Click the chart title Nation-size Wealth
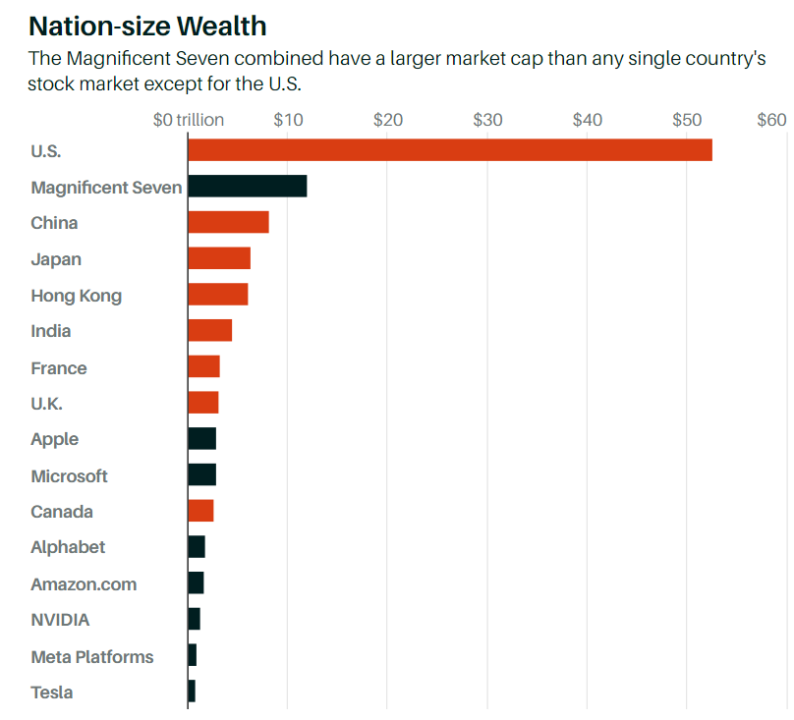147,25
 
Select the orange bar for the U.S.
449,150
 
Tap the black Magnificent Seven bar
247,187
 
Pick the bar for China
228,222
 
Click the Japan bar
219,258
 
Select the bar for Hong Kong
217,295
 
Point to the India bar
209,331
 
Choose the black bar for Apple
201,439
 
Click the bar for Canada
200,511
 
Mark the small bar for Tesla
192,692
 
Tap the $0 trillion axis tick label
189,120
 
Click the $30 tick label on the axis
487,120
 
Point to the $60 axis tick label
771,120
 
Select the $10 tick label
288,120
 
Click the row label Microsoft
69,475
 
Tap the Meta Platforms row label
92,656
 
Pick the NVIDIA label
60,620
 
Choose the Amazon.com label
84,583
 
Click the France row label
59,367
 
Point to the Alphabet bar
197,547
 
